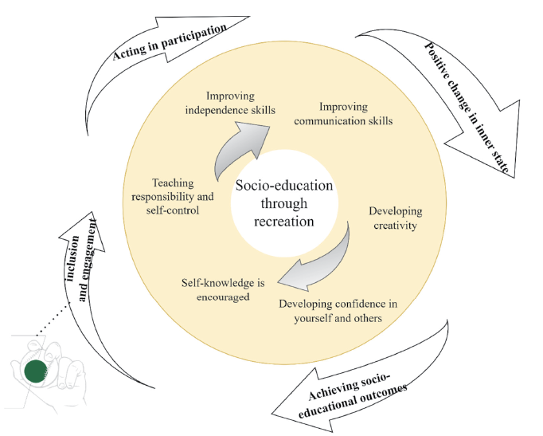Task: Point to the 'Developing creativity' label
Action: click(395, 218)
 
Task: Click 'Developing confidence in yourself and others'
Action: click(338, 311)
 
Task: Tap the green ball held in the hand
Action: click(34, 370)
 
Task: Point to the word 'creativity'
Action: click(395, 226)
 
